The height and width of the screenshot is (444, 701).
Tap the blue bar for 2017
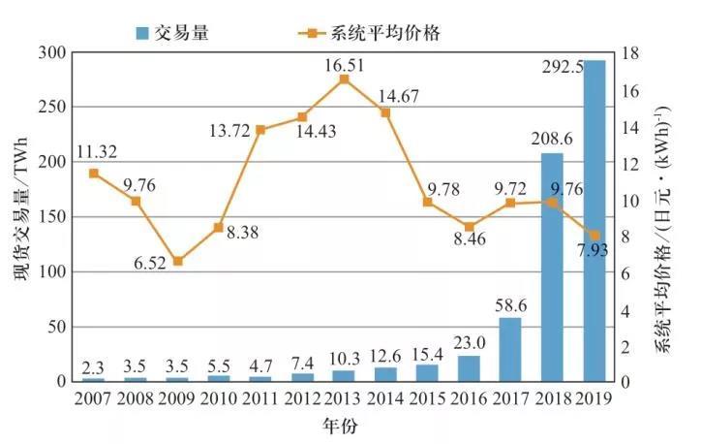point(510,349)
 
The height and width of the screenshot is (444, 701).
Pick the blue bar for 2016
point(469,368)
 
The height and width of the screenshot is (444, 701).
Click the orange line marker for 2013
point(344,79)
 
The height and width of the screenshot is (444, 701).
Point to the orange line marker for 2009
point(177,262)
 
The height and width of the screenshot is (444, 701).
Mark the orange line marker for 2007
point(94,174)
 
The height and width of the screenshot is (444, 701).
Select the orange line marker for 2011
point(260,130)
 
